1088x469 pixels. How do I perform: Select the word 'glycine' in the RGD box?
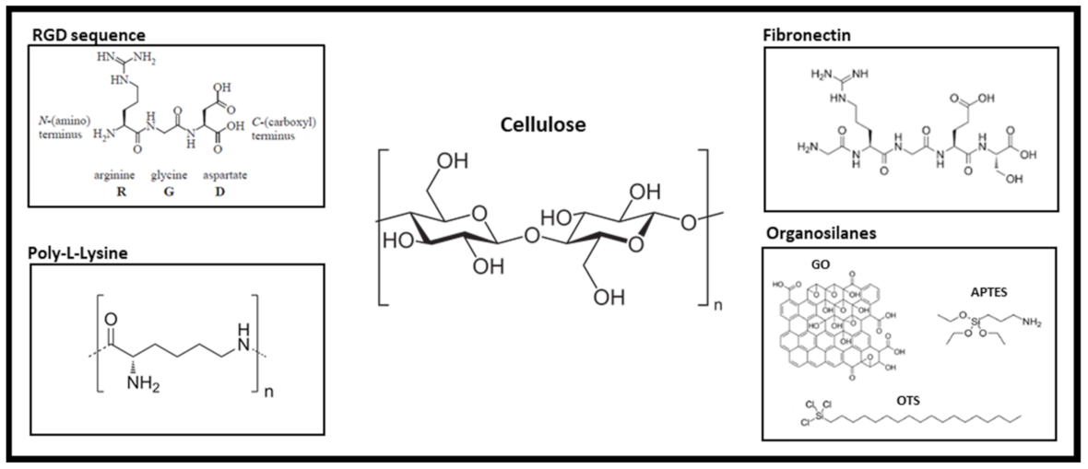(x=169, y=173)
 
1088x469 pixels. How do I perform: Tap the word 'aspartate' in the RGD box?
(x=225, y=173)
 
